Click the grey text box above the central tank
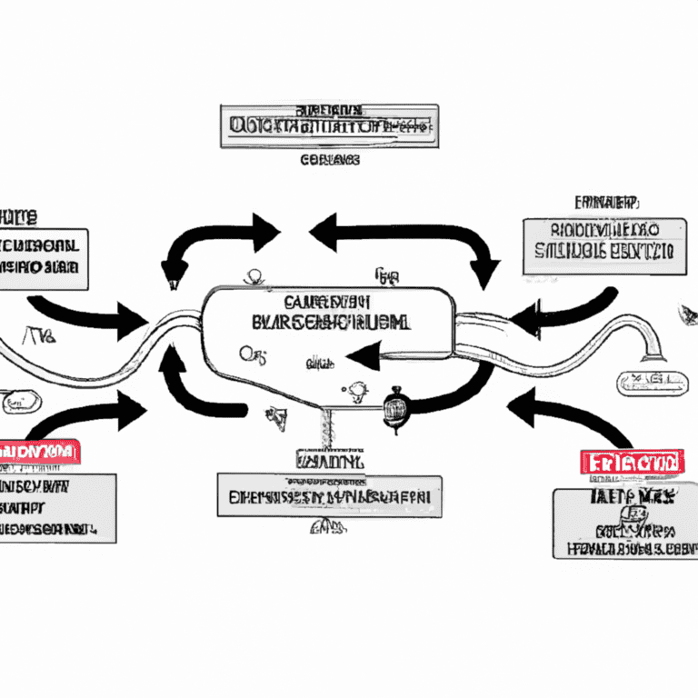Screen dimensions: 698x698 click(x=329, y=126)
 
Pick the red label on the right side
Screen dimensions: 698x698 click(x=630, y=462)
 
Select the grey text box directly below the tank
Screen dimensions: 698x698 click(x=329, y=496)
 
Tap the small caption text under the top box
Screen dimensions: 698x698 click(x=329, y=160)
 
